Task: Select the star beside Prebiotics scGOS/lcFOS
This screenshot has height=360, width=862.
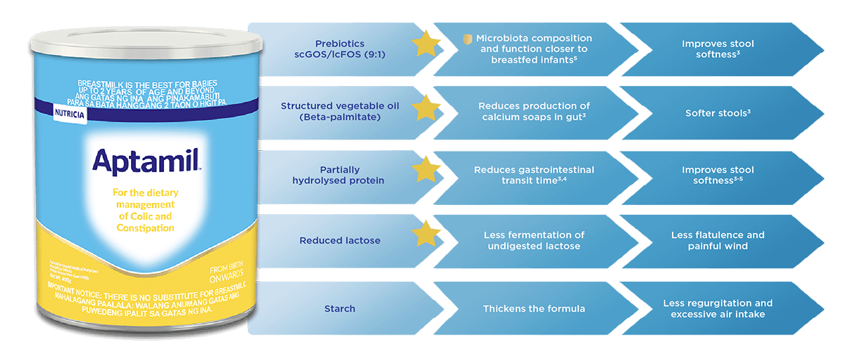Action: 425,44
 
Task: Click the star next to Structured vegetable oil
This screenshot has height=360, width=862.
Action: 425,109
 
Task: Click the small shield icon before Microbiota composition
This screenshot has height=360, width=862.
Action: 467,38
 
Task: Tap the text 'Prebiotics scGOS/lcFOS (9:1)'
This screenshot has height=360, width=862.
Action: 340,49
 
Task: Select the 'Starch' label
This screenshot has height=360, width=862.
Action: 339,309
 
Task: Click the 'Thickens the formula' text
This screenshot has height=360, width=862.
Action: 534,309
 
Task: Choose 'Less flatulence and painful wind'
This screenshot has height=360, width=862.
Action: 718,240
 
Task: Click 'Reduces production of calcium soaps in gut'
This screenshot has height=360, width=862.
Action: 534,111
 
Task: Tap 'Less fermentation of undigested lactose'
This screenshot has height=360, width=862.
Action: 534,240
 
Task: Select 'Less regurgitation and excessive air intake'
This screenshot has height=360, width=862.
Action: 718,309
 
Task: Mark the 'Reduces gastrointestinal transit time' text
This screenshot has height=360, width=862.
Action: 534,175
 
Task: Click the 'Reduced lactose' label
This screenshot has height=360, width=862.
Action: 339,240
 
